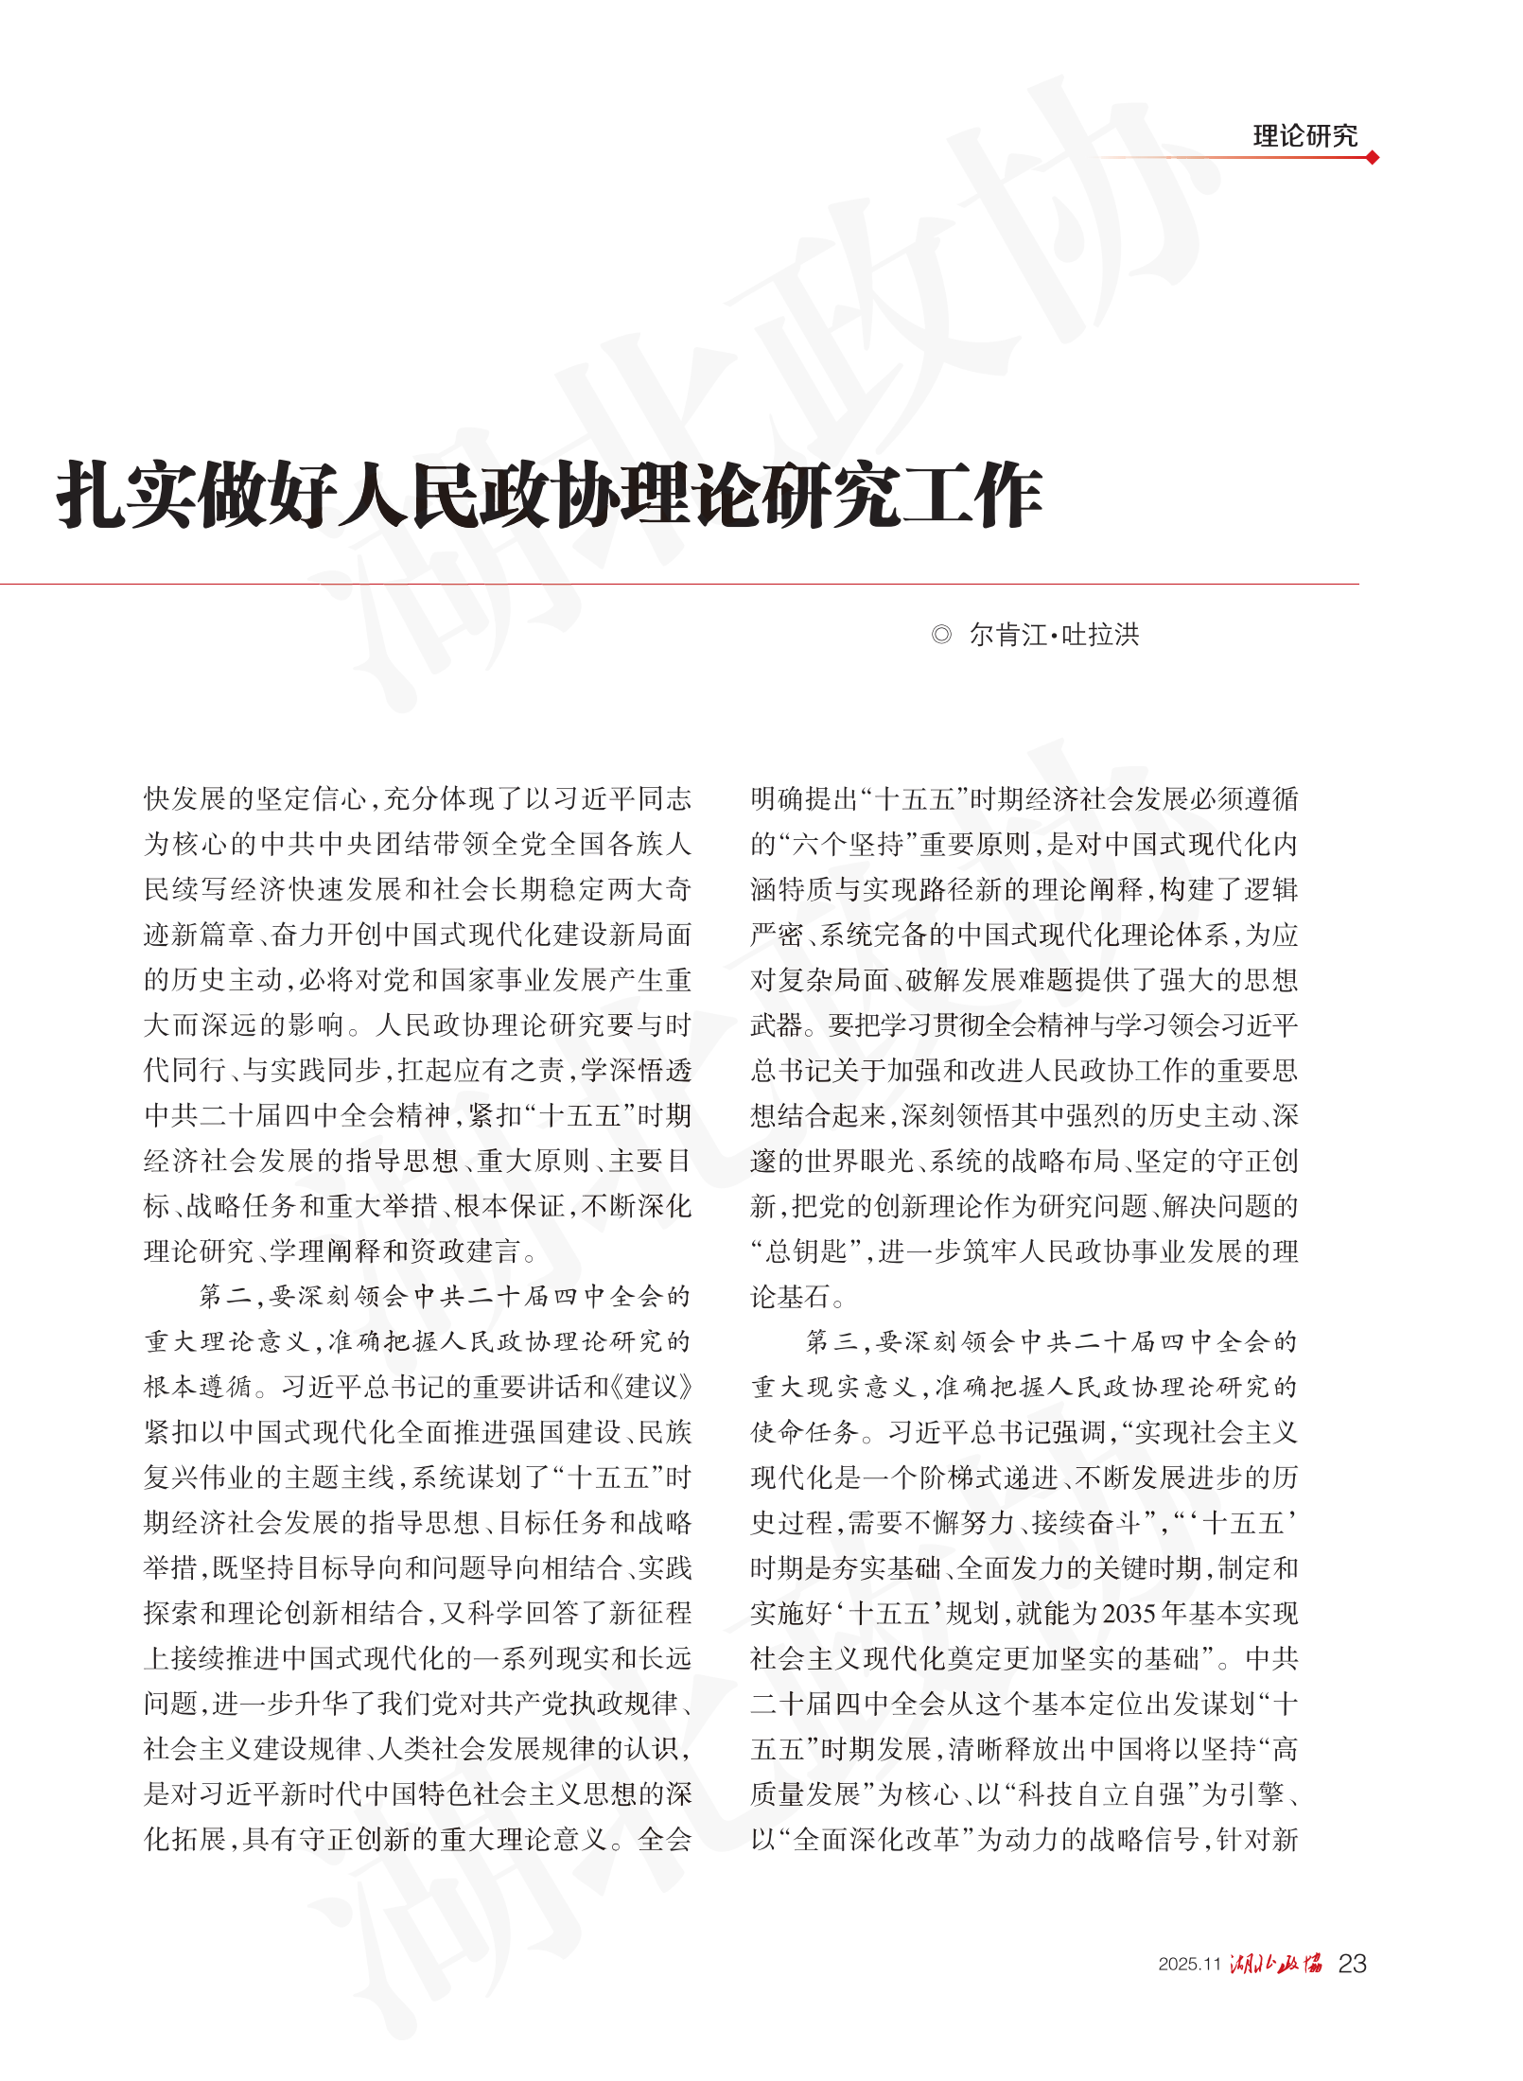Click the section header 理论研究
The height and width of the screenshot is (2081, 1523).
(1304, 136)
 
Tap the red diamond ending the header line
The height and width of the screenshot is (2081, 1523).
(1372, 158)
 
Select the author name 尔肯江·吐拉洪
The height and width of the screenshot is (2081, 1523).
(1054, 635)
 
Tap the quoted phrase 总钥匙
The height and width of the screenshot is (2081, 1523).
(805, 1251)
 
